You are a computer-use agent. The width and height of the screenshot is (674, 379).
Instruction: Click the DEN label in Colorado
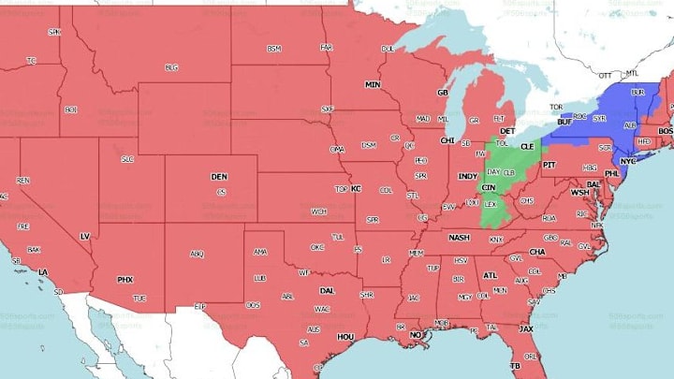click(218, 176)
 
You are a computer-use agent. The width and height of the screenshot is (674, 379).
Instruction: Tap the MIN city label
click(373, 85)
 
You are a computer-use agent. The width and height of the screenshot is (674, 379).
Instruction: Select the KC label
click(356, 189)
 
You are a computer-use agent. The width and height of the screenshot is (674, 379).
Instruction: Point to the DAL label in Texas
click(326, 290)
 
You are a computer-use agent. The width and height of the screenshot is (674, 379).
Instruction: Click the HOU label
click(345, 336)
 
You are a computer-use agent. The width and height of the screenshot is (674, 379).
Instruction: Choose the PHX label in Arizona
click(125, 279)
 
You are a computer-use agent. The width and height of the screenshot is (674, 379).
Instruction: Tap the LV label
click(84, 236)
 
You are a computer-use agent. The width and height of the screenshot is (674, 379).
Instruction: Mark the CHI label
click(447, 140)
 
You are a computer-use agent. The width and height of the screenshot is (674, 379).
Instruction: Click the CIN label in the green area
click(488, 188)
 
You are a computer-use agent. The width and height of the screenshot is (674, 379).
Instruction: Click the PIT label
click(549, 164)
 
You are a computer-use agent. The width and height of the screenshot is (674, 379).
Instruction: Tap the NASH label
click(458, 238)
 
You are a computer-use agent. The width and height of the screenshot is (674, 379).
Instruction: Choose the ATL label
click(490, 275)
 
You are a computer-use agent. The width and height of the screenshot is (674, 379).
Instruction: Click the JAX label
click(526, 328)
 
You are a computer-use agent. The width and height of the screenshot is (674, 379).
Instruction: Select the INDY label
click(467, 176)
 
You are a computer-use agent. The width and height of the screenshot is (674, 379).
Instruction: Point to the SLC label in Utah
click(127, 159)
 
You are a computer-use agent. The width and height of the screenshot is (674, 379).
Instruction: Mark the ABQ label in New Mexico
click(197, 254)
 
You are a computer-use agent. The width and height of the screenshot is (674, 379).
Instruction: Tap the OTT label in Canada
click(606, 75)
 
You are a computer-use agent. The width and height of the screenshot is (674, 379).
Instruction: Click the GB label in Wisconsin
click(443, 93)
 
